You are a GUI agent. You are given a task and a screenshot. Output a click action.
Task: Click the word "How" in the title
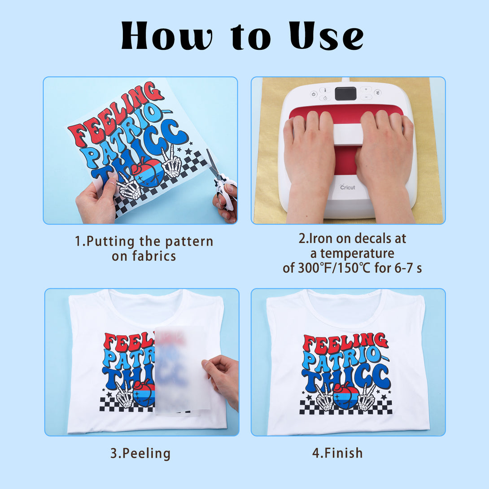[167, 35]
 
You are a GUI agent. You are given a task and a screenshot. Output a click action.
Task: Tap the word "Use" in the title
[326, 35]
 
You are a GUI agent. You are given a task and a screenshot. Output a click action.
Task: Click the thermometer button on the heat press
[325, 90]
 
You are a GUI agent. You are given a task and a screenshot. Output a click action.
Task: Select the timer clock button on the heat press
[325, 98]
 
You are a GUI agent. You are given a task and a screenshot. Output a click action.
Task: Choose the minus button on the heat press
[366, 97]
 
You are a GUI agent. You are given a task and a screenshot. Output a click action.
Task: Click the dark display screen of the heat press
[345, 94]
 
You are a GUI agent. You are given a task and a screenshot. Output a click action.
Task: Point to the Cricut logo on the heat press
[347, 187]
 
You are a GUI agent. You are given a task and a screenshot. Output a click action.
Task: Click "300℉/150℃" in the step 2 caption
[334, 268]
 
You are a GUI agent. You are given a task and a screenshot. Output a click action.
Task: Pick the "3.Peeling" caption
[140, 454]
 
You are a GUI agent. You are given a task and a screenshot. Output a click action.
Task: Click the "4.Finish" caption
[337, 453]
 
